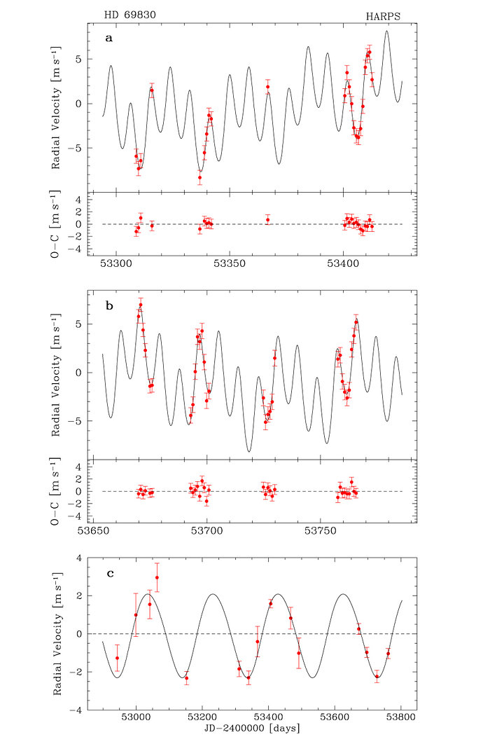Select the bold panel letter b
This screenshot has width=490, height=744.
pyautogui.click(x=108, y=306)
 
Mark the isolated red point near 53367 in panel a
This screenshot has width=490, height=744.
pyautogui.click(x=267, y=88)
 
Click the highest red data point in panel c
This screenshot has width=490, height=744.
pyautogui.click(x=157, y=578)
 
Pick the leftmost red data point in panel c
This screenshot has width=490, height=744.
pyautogui.click(x=117, y=658)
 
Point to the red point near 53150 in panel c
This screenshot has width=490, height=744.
pyautogui.click(x=186, y=677)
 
